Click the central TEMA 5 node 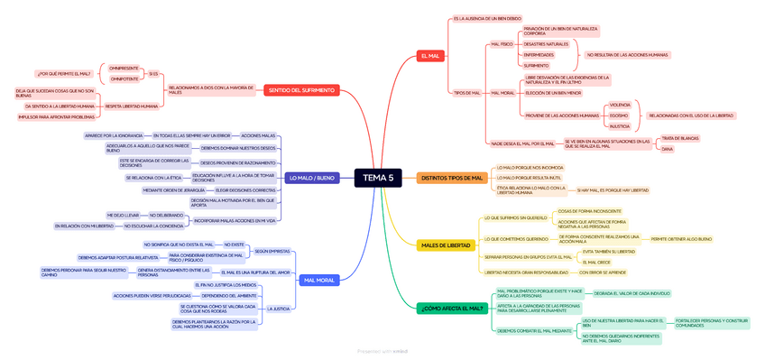[378, 178]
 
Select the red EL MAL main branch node [430, 56]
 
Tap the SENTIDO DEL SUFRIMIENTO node [301, 89]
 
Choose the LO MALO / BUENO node [311, 178]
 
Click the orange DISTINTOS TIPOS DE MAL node [452, 178]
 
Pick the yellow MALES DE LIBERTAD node [446, 245]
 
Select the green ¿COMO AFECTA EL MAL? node [453, 309]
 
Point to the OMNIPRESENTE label [124, 68]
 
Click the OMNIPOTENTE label [124, 78]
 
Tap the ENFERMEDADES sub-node [539, 54]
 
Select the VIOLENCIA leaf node [620, 105]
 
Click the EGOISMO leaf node [619, 115]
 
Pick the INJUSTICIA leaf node [620, 126]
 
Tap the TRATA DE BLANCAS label [679, 138]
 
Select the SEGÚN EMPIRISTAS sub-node [272, 251]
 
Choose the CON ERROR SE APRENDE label [603, 272]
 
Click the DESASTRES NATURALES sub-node [546, 43]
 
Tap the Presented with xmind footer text [382, 351]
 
